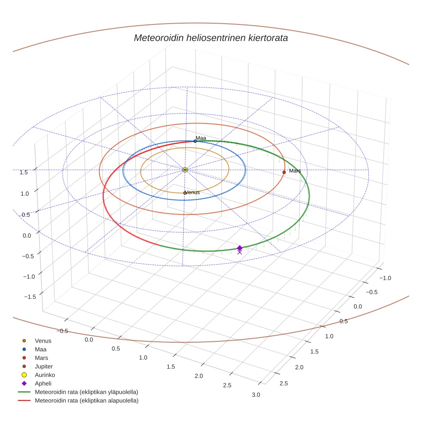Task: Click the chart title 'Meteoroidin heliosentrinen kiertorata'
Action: [211, 38]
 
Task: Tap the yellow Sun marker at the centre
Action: [185, 170]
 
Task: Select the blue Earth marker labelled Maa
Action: [195, 141]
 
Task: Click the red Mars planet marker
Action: [284, 172]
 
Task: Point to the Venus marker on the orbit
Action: [185, 193]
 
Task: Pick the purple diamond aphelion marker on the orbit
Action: [239, 248]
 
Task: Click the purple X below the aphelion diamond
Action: [239, 253]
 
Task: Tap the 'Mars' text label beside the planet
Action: [295, 171]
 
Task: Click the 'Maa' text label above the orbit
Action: [201, 138]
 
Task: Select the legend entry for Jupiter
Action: [43, 366]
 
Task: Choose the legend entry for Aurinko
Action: [45, 375]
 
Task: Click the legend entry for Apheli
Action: [43, 383]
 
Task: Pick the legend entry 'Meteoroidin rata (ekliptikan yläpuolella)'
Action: [86, 392]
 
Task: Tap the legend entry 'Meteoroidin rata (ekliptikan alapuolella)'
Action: [86, 401]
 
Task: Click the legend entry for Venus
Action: [43, 341]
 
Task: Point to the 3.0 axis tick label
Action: [256, 395]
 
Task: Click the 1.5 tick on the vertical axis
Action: [24, 172]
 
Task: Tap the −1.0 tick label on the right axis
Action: [385, 278]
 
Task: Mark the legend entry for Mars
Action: [41, 358]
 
